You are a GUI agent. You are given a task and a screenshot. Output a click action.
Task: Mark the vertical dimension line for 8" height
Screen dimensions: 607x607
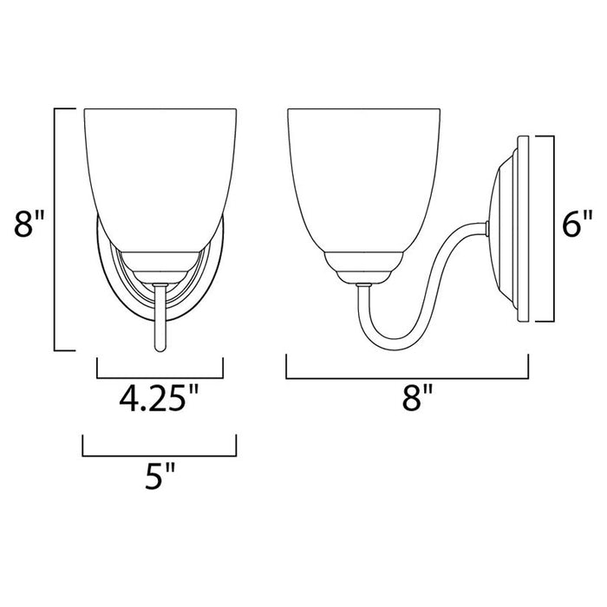coord(55,229)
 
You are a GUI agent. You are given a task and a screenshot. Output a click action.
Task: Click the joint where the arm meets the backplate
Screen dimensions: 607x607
coord(489,228)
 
